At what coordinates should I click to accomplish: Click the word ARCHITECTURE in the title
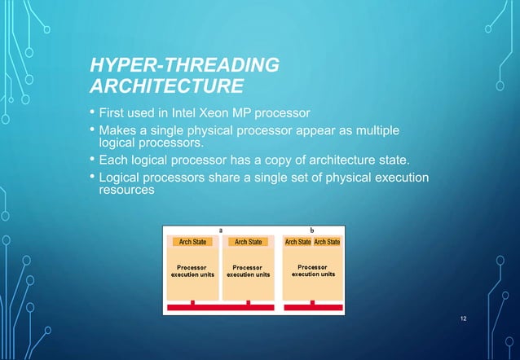point(166,86)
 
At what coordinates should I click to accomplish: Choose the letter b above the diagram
point(313,230)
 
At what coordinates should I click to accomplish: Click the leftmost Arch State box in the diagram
point(192,241)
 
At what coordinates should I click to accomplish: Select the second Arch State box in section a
point(249,241)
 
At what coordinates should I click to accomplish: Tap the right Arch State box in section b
point(328,241)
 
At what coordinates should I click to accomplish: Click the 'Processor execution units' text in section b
point(313,270)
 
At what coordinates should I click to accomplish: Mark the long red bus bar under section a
point(220,309)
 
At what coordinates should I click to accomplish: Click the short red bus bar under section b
point(313,309)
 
